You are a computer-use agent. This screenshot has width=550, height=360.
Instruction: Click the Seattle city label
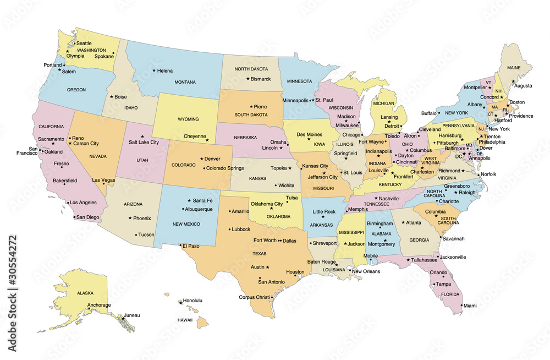point(84,43)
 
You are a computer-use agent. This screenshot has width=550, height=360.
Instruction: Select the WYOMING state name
point(188,119)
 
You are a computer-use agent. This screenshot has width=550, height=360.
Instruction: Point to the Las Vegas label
point(103,180)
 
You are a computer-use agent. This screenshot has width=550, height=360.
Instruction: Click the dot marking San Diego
point(74,217)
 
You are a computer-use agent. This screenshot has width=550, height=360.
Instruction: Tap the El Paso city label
point(191,246)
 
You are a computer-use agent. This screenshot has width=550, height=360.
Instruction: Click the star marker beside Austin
point(268,267)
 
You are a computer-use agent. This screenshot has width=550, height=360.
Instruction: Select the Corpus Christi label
point(254,297)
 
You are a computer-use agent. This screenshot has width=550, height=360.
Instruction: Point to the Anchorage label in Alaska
point(100,305)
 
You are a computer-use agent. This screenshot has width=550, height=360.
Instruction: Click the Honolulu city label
point(193,301)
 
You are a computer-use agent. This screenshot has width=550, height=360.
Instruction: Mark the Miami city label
point(470,306)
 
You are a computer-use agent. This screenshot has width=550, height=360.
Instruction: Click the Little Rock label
point(324,211)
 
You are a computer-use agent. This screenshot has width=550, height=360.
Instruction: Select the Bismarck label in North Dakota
point(261,79)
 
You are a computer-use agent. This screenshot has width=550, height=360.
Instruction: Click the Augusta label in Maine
point(523,86)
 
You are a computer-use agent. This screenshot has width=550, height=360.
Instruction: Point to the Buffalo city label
point(428,113)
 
